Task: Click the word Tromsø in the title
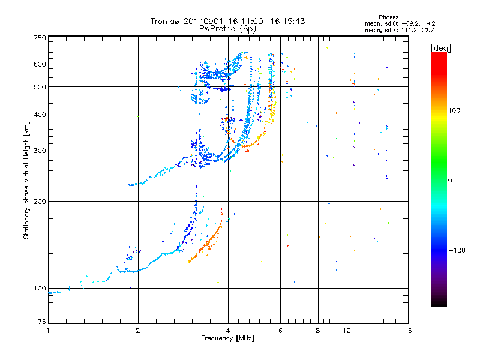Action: coord(166,21)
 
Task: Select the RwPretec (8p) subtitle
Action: coord(227,29)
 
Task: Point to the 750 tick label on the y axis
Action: coord(40,38)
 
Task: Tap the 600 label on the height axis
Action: coord(40,64)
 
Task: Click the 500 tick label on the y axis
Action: coord(40,87)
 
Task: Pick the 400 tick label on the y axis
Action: coord(40,115)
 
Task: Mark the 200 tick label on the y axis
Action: coord(40,202)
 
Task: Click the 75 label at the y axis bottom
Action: coord(42,322)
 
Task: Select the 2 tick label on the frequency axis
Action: coord(138,331)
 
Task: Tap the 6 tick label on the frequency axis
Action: coord(280,331)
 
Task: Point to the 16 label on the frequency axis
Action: coord(408,331)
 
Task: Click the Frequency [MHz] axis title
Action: coord(228,338)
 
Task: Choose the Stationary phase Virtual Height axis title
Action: coord(26,181)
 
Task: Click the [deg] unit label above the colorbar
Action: coord(441,48)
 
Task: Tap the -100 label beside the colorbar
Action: coord(457,250)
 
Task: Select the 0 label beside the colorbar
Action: coord(450,181)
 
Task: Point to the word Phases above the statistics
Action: coord(388,17)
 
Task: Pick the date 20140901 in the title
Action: coord(203,21)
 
